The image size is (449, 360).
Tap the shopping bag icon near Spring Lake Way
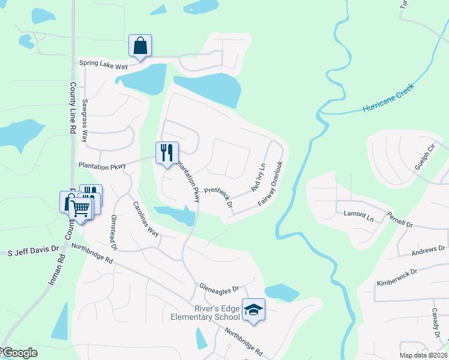(x=140, y=46)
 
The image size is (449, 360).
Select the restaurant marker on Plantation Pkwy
(x=167, y=153)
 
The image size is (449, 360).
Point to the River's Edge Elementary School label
(x=205, y=313)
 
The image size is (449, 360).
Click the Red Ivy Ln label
(x=258, y=177)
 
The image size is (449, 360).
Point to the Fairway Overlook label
(x=270, y=184)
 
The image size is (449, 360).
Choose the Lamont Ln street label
(x=358, y=214)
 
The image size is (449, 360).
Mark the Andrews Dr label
(x=428, y=251)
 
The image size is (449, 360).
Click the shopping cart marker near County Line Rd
(x=80, y=209)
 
